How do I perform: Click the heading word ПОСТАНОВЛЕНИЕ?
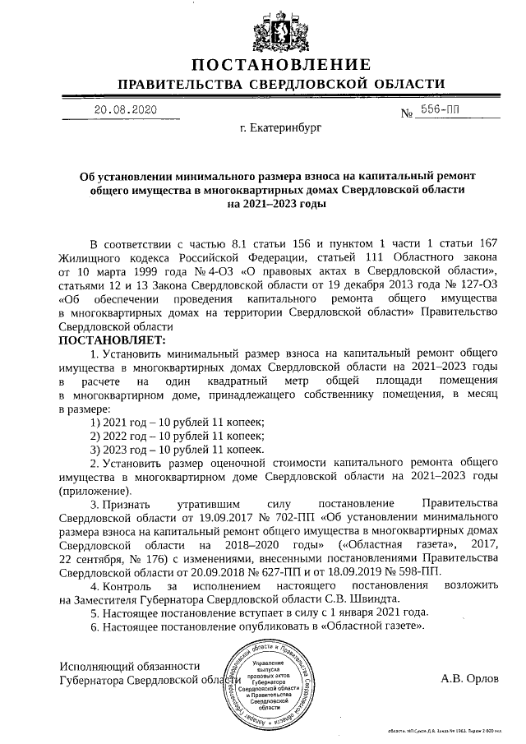[280, 65]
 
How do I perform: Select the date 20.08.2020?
[123, 109]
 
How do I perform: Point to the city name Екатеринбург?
[281, 129]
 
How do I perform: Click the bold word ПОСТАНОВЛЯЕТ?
[112, 339]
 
